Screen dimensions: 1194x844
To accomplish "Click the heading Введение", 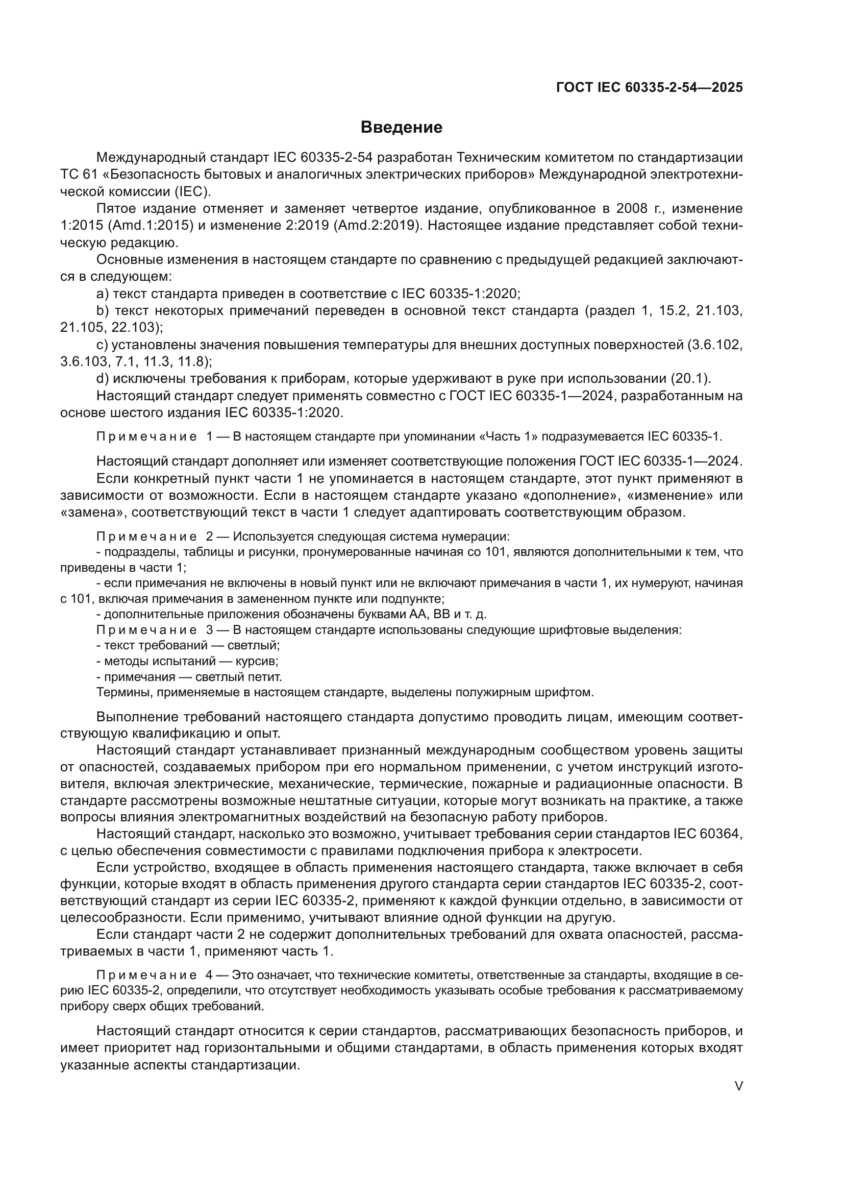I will (401, 128).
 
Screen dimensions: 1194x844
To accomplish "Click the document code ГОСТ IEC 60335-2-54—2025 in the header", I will (649, 87).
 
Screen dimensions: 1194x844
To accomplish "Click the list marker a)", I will (103, 294).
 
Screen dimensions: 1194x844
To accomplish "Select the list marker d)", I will (103, 379).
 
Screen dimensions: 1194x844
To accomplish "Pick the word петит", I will (266, 677).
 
